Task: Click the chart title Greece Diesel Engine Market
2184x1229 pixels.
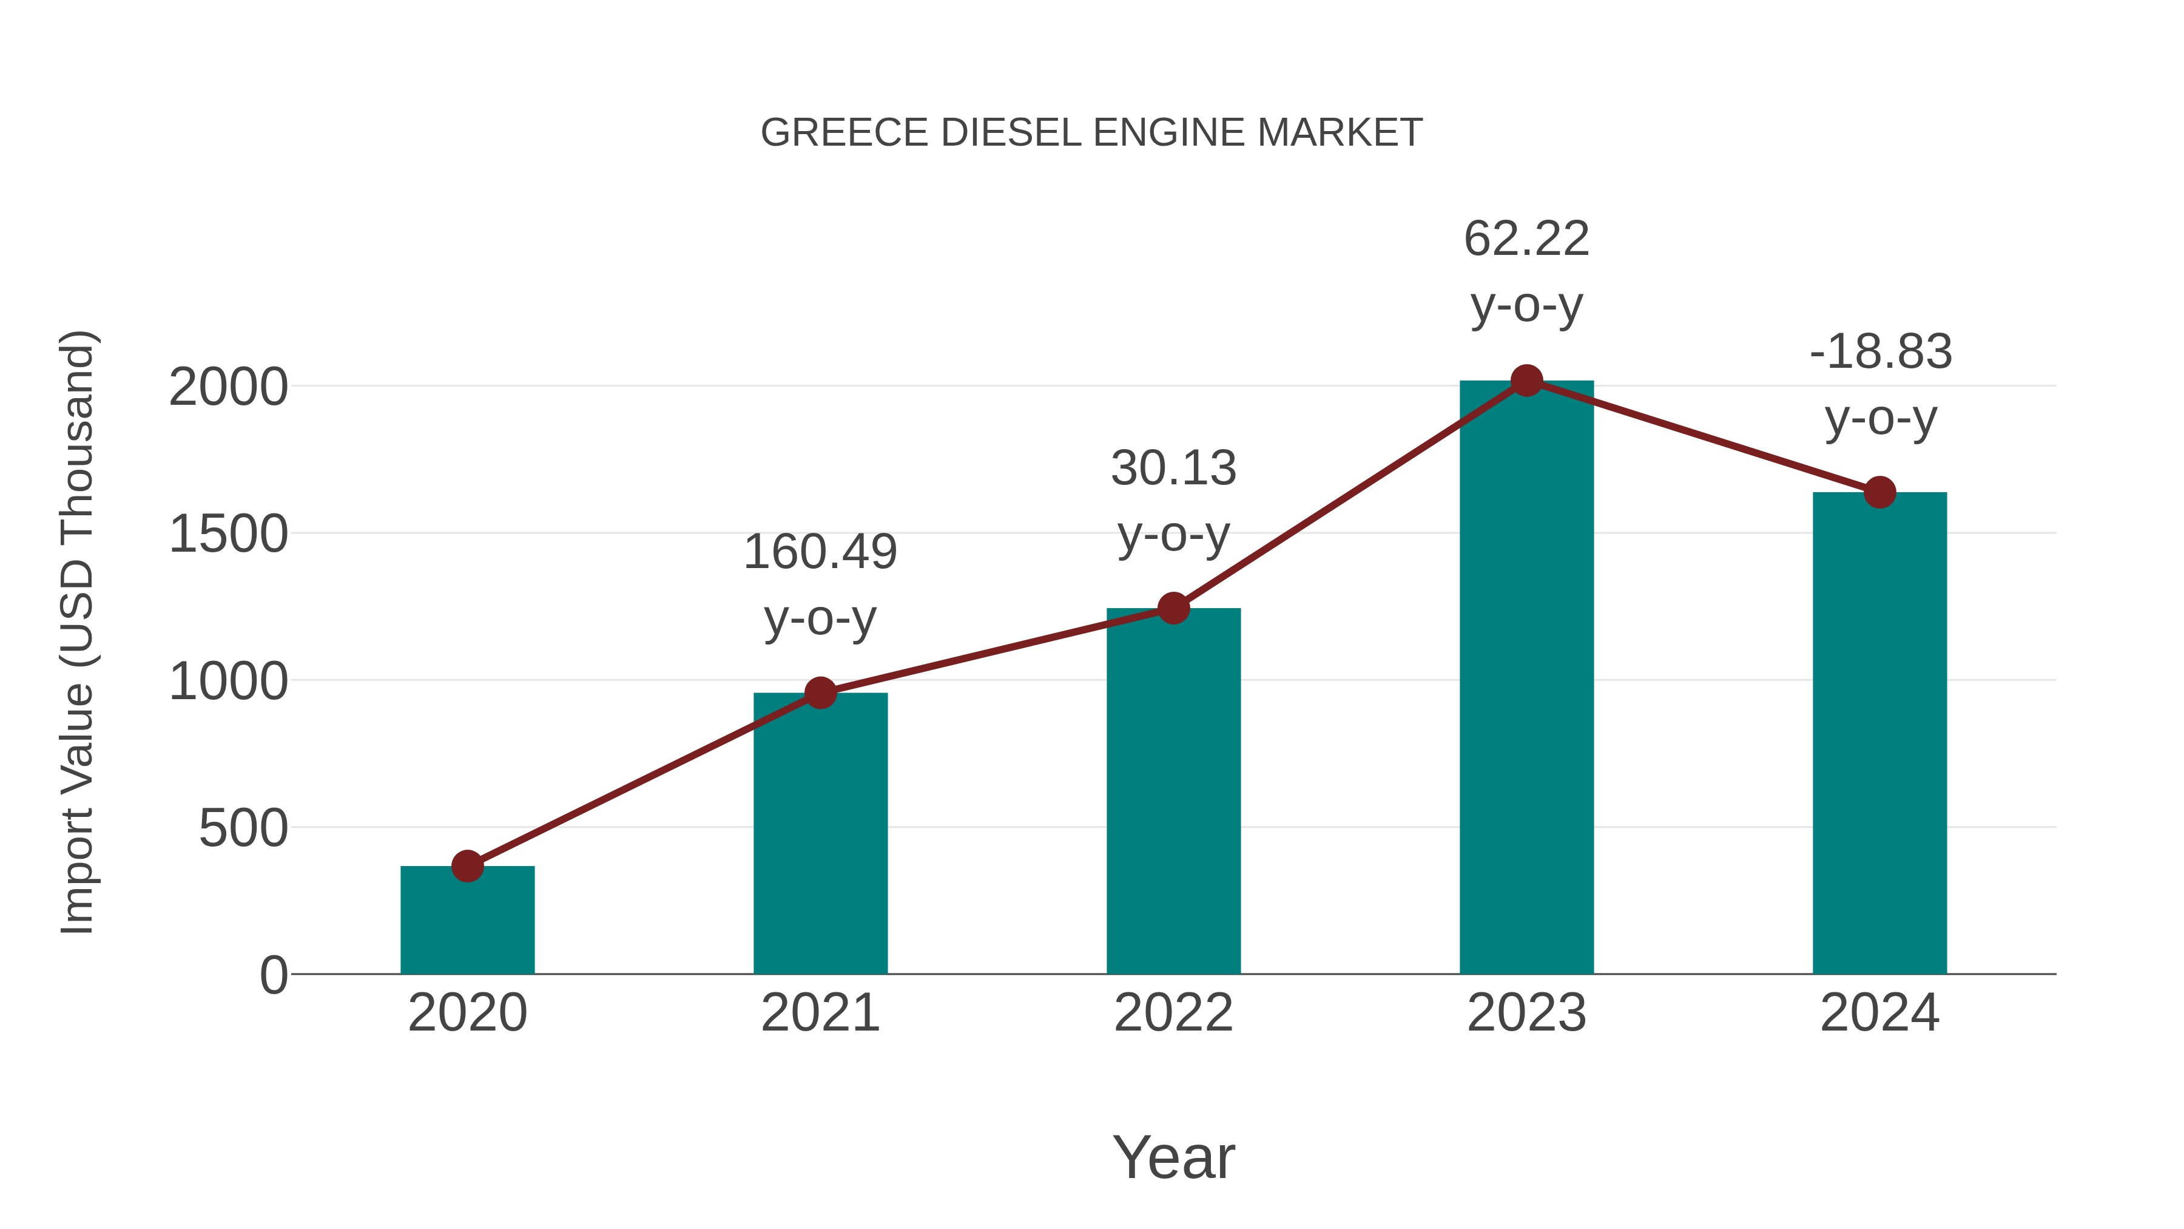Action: pos(1091,133)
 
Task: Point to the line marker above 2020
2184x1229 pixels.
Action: pos(467,866)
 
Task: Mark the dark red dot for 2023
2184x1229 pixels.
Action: pos(1526,381)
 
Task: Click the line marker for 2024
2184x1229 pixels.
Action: pos(1879,492)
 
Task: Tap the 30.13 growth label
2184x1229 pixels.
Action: pos(1173,501)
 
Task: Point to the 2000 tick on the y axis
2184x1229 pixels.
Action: pos(228,388)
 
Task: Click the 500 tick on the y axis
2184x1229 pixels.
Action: pos(243,828)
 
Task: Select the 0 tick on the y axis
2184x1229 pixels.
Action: pos(273,975)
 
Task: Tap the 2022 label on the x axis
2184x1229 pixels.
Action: pos(1173,1013)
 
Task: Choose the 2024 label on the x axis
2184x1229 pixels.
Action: pos(1879,1013)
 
